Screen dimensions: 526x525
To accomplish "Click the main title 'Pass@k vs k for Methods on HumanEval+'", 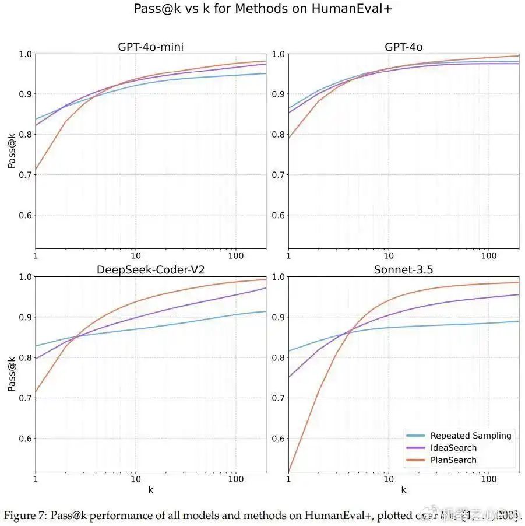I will coord(267,9).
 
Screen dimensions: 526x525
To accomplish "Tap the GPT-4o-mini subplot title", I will coord(150,47).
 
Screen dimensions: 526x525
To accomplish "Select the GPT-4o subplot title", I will coord(403,47).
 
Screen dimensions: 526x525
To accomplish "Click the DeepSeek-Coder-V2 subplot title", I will coord(150,269).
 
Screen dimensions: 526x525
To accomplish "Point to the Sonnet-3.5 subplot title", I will coord(403,269).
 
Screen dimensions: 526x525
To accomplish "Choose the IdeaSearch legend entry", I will coord(453,448).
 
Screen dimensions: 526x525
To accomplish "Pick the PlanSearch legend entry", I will coord(453,460).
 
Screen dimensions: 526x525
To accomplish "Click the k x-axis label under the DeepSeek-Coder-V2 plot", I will coord(150,490).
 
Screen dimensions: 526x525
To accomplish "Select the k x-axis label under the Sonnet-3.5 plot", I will coord(403,490).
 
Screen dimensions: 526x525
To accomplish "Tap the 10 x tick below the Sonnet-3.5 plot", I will coord(388,479).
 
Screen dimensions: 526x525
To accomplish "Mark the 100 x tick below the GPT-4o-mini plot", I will coord(235,257).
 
